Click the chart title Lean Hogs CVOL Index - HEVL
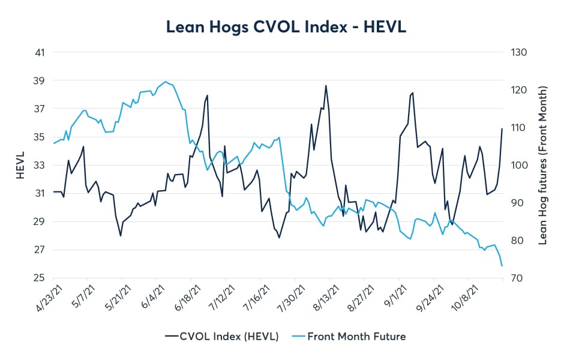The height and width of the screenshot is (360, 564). tap(282, 27)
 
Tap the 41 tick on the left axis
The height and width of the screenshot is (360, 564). tap(40, 52)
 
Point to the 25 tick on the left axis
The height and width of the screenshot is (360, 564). tap(40, 278)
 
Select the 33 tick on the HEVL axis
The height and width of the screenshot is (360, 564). tap(40, 165)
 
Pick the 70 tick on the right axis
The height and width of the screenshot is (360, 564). tap(517, 278)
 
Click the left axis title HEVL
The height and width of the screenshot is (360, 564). tap(19, 165)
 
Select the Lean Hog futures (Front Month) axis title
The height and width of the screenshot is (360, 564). tap(544, 165)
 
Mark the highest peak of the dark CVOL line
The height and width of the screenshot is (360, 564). tap(326, 85)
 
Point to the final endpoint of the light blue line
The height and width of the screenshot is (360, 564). tap(502, 266)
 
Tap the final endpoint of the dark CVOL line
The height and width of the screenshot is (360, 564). tap(502, 129)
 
